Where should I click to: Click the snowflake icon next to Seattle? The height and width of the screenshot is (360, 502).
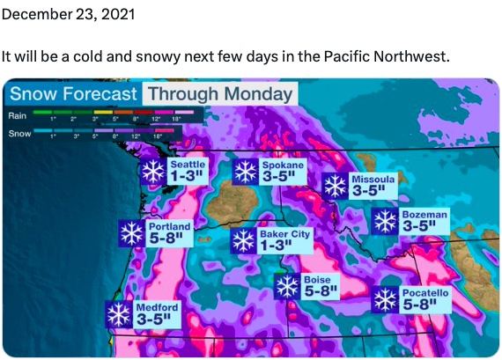pos(154,171)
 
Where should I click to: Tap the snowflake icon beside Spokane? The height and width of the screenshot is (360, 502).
pos(245,171)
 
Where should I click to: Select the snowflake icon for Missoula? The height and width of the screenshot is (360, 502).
pos(335,186)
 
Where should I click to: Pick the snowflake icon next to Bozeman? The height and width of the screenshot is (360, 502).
pos(385,221)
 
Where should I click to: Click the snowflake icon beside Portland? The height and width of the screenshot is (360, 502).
pos(132,233)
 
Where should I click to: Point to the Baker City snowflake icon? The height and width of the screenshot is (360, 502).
pos(243,240)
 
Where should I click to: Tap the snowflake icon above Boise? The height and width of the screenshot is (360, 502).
pos(287,286)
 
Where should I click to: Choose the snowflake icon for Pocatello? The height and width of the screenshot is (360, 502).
pos(386,300)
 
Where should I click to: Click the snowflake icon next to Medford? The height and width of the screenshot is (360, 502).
pos(119,314)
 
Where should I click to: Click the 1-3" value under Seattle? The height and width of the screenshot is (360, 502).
pos(188,176)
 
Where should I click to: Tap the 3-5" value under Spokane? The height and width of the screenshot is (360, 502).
pos(282,176)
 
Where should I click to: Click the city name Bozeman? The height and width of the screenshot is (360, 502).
pos(424,214)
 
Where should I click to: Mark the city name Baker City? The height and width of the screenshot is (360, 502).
pos(284,234)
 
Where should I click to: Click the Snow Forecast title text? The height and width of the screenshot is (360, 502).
pos(73,94)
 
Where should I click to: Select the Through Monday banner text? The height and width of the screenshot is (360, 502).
pos(219,94)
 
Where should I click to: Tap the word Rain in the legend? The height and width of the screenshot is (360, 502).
pos(18,115)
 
